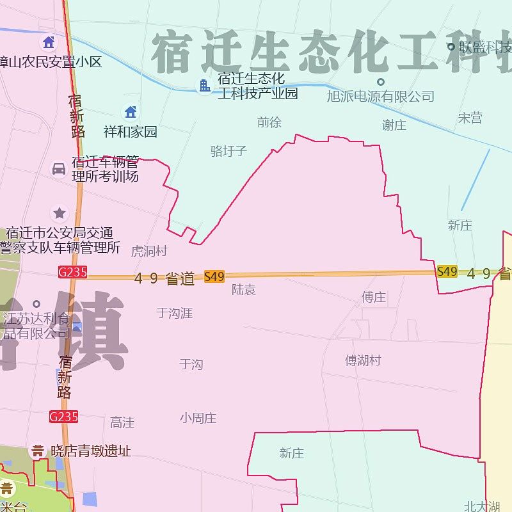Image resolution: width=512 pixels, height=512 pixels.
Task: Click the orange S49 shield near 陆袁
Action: pos(214,276)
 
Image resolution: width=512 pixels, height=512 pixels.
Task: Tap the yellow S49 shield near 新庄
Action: pos(447,271)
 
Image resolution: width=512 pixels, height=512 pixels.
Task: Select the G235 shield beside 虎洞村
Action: pos(72,272)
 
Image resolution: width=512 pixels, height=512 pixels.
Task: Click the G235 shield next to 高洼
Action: pos(64,417)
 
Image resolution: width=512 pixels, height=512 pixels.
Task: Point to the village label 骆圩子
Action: pos(228,151)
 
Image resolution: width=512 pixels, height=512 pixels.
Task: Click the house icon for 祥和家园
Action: pos(131,112)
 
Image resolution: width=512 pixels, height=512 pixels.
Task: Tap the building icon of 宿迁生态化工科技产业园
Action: pos(205,85)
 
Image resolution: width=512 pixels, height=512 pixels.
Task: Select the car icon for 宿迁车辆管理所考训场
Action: pos(59,169)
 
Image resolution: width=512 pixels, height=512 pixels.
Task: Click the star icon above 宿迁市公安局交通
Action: pos(60,212)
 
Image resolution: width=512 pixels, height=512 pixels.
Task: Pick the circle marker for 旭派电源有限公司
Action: pos(381,82)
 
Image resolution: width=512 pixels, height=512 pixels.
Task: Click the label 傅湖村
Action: pos(363,360)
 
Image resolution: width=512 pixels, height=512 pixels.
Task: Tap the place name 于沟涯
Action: pos(174,313)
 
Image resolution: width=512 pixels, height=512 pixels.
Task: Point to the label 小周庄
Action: pos(198,418)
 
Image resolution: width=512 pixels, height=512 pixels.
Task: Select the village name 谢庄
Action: pos(394,125)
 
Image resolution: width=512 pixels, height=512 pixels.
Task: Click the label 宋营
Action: pos(470,118)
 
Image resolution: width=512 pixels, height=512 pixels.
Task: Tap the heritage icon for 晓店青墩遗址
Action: pos(38,451)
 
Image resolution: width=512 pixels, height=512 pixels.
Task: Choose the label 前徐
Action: pos(269,122)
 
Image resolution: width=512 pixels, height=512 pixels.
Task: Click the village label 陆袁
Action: pos(244,290)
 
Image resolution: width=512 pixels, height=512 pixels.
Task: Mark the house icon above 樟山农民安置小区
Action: pos(49,43)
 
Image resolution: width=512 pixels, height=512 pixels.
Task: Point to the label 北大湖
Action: pos(482,506)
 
